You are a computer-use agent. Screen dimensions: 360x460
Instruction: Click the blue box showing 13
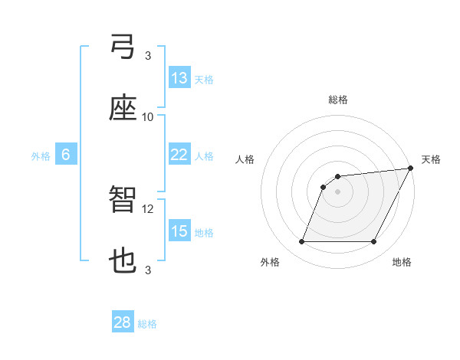point(179,78)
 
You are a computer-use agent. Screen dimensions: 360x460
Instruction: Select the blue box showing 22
point(179,155)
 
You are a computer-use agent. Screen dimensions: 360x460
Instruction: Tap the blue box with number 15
point(179,231)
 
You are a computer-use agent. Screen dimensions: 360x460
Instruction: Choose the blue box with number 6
point(66,155)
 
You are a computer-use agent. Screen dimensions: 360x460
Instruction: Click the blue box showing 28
point(123,322)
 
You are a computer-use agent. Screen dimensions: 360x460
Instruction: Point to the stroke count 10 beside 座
point(148,116)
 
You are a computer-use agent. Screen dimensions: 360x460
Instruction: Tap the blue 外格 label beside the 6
point(41,155)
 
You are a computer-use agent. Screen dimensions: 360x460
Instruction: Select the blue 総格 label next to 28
point(148,324)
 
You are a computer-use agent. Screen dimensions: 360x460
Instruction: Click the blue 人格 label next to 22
point(204,155)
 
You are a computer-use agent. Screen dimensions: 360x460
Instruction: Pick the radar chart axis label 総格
point(338,100)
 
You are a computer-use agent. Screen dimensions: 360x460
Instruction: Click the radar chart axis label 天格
point(431,159)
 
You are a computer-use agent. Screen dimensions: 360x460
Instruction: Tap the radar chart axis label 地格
point(402,262)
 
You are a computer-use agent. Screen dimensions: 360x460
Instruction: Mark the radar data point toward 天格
point(411,169)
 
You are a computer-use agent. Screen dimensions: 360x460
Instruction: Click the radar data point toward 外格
point(301,242)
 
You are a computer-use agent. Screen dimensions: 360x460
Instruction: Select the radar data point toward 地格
point(374,242)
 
